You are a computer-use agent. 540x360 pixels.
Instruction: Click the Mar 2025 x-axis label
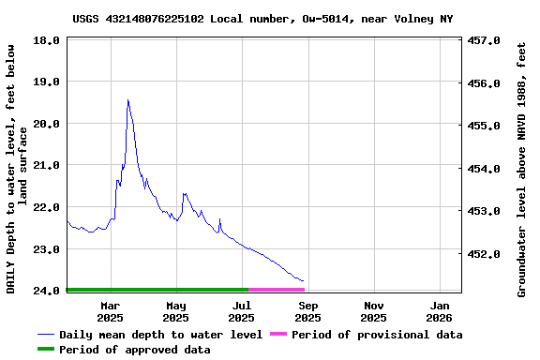click(110, 311)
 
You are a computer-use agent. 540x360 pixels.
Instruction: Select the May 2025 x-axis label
click(176, 311)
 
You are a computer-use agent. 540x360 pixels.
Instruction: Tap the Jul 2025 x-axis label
click(242, 311)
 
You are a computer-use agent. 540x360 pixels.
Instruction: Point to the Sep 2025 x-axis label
click(308, 311)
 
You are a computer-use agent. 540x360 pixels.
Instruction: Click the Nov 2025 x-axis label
click(374, 311)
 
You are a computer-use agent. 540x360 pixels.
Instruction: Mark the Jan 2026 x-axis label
click(441, 311)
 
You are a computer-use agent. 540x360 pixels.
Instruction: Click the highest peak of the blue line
click(127, 100)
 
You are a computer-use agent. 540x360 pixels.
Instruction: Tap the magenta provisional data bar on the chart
click(277, 290)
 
